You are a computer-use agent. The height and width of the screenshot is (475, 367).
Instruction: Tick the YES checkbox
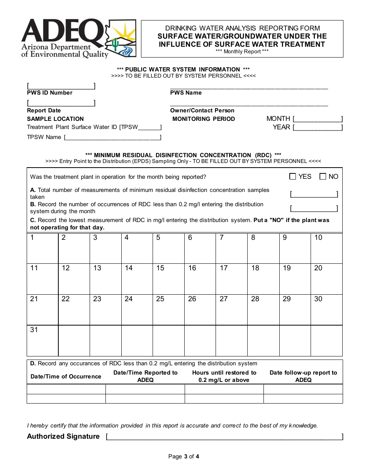click(x=293, y=176)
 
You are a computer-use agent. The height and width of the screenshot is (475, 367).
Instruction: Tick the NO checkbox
click(x=323, y=176)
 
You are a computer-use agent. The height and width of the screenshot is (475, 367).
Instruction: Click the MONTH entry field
click(x=318, y=119)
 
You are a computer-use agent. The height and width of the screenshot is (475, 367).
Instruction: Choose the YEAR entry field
click(x=318, y=127)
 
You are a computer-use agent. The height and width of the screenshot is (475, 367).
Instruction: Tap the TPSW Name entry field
click(x=112, y=137)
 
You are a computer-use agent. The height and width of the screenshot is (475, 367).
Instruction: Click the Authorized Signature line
click(x=224, y=437)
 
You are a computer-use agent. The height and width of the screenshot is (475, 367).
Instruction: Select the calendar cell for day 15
click(x=168, y=279)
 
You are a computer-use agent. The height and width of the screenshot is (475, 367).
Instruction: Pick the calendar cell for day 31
click(x=42, y=340)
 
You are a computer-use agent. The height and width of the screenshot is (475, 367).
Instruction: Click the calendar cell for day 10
click(x=326, y=248)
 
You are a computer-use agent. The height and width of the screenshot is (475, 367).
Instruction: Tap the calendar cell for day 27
click(x=231, y=310)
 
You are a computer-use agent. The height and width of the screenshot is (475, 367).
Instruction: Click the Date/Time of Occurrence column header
click(x=66, y=377)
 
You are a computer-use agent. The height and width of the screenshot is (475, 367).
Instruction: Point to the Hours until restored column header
click(x=224, y=377)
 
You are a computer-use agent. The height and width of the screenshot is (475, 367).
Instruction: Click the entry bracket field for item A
click(x=314, y=194)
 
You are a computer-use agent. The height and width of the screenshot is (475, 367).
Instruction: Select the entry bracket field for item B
click(x=314, y=209)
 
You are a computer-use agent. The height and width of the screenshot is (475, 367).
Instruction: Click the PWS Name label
click(x=186, y=93)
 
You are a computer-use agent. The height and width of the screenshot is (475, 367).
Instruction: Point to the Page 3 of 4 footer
click(x=184, y=456)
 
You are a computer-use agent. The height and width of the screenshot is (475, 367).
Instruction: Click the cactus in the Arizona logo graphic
click(x=115, y=44)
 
